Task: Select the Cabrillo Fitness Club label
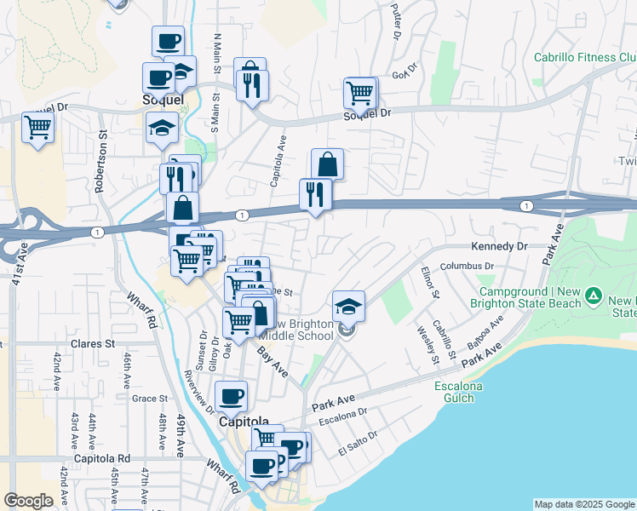click(585, 58)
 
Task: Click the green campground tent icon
click(594, 297)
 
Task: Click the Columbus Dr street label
click(462, 266)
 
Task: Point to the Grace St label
click(149, 398)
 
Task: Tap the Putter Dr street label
click(395, 20)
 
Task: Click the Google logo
click(29, 501)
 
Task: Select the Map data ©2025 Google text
click(584, 504)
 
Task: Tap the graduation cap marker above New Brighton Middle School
click(348, 305)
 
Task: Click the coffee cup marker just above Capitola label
click(232, 394)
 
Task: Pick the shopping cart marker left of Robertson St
click(37, 129)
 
